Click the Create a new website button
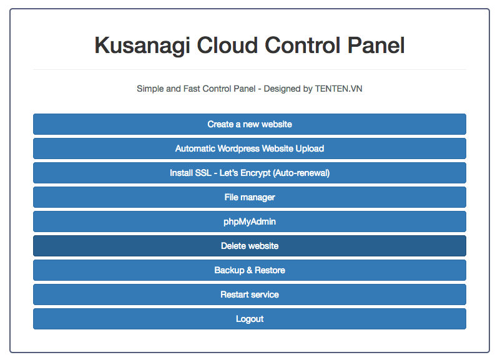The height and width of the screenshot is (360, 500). pos(249,124)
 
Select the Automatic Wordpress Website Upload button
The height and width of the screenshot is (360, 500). pos(249,148)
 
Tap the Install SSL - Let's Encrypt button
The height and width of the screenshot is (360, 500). pos(249,173)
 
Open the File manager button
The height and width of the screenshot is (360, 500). pos(249,197)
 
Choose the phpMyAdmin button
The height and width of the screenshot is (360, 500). pos(249,221)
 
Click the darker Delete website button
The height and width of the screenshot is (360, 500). pos(249,246)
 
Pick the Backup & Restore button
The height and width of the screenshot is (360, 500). pos(249,270)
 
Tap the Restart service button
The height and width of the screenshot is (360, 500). pos(249,294)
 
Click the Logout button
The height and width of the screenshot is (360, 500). pos(249,319)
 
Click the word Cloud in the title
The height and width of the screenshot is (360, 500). pos(227,45)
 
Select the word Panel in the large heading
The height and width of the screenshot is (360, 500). pos(376,45)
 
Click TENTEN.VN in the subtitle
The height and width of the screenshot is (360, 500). pos(339,89)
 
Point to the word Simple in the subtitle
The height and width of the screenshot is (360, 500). pos(150,89)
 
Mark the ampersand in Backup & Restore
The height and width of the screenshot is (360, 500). pos(249,270)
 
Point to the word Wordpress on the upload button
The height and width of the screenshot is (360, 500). pos(238,148)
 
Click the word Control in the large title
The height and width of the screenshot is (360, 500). pos(303,45)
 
